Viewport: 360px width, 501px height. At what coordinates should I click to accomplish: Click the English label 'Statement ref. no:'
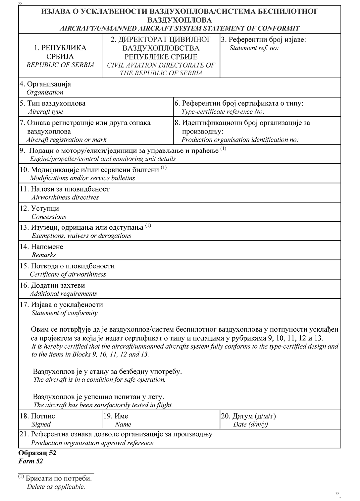tap(254, 48)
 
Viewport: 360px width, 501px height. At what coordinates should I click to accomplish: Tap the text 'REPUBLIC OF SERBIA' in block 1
tap(60, 65)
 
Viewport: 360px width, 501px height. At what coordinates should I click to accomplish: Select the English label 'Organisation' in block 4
tap(45, 92)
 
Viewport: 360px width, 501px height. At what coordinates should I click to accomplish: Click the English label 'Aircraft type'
tap(45, 112)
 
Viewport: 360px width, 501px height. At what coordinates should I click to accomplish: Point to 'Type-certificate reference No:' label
tap(223, 112)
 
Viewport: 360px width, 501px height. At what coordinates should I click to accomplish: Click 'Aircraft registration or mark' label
tap(66, 139)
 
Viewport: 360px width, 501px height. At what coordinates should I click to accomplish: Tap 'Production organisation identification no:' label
tap(240, 139)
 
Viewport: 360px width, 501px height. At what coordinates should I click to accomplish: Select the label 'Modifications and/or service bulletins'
tap(82, 178)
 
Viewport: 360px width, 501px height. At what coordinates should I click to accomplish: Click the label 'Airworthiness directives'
tap(65, 197)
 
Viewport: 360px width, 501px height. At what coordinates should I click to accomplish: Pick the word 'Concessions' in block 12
tap(49, 217)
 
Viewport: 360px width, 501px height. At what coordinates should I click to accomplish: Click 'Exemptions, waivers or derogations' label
tap(81, 236)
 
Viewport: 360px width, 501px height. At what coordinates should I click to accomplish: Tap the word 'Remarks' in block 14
tap(44, 255)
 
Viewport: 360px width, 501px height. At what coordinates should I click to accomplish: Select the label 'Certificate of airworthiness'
tap(68, 274)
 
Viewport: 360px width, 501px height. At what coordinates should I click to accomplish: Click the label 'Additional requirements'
tap(63, 294)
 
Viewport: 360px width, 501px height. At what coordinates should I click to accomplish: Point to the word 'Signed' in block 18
tap(41, 424)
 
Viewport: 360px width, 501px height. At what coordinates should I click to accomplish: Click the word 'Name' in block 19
tap(123, 424)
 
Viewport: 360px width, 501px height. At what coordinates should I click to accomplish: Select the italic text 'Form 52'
tap(30, 461)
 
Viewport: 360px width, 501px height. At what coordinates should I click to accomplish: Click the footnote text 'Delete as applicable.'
tap(56, 487)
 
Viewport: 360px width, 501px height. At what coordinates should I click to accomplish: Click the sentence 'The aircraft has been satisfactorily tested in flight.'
tap(103, 405)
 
